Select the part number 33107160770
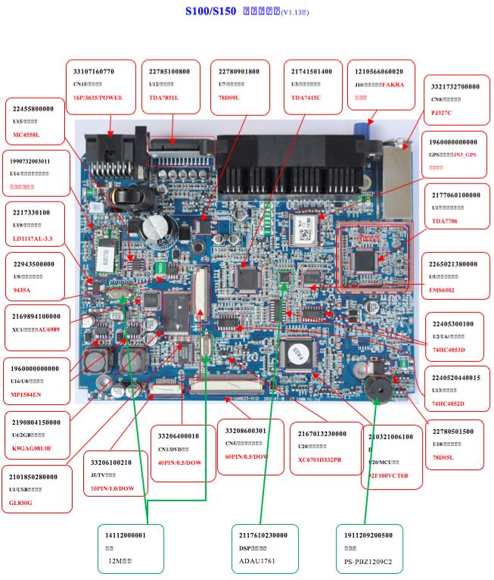(x=93, y=71)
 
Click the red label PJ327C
(x=443, y=112)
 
